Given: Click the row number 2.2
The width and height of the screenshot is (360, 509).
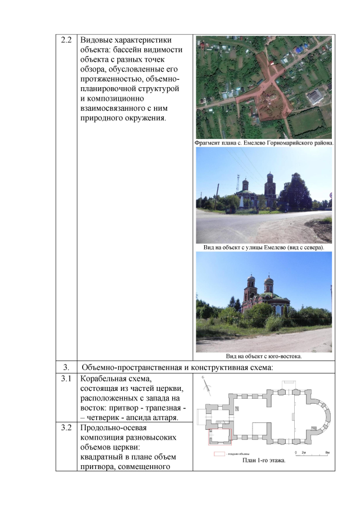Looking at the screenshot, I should coord(66,41).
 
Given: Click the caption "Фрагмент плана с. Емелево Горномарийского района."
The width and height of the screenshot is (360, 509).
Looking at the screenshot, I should coord(264,142).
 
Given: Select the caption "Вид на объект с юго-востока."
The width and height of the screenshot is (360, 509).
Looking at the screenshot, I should coord(264,356).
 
